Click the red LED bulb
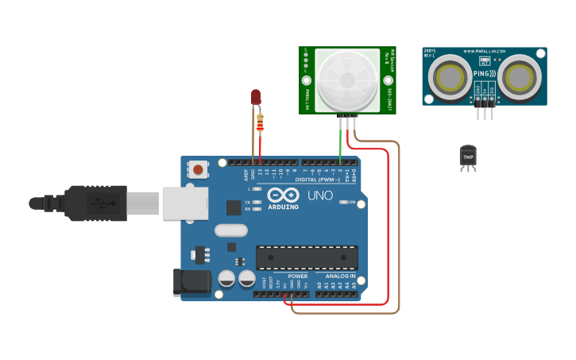[x=256, y=97]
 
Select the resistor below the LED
[x=261, y=123]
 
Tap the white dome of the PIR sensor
[x=347, y=79]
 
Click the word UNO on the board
[x=320, y=195]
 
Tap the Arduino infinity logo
[x=283, y=195]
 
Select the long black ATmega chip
[x=307, y=257]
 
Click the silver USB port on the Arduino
[x=184, y=203]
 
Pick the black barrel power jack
[x=192, y=282]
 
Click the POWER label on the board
[x=298, y=277]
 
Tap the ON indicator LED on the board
[x=342, y=202]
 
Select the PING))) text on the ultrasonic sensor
[x=484, y=74]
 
